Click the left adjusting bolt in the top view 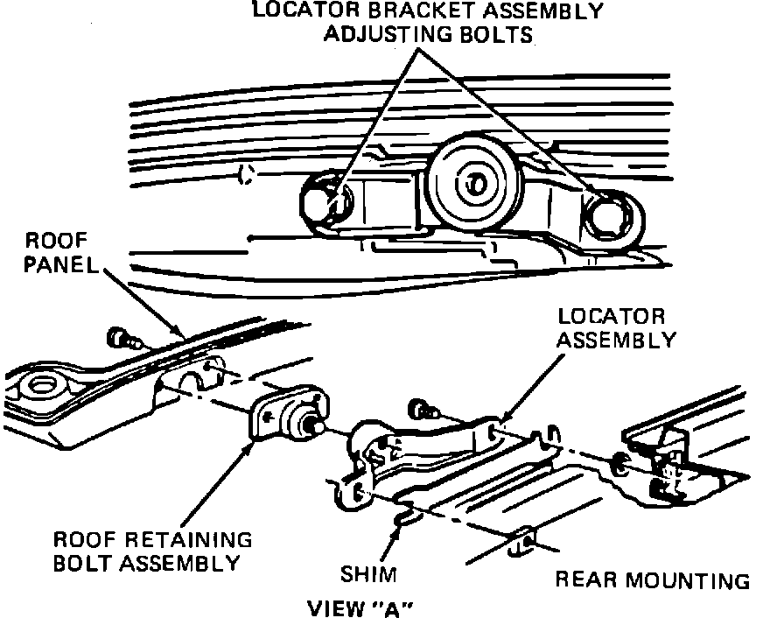pyautogui.click(x=326, y=200)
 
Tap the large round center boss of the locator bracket pyautogui.click(x=474, y=181)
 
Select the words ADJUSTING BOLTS pyautogui.click(x=429, y=35)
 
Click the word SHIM pyautogui.click(x=368, y=575)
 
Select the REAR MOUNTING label pyautogui.click(x=653, y=579)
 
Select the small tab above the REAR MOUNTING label pyautogui.click(x=523, y=542)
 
